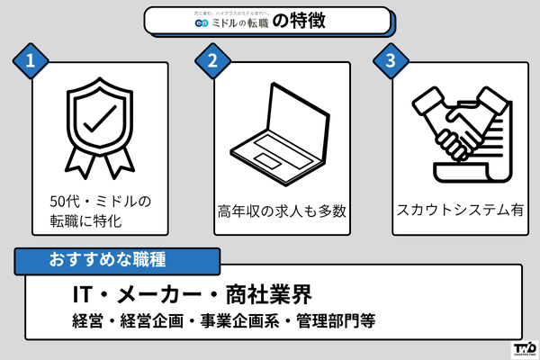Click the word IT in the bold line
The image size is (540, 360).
point(85,294)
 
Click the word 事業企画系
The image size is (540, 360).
point(238,320)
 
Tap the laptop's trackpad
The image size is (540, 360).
point(267,160)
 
